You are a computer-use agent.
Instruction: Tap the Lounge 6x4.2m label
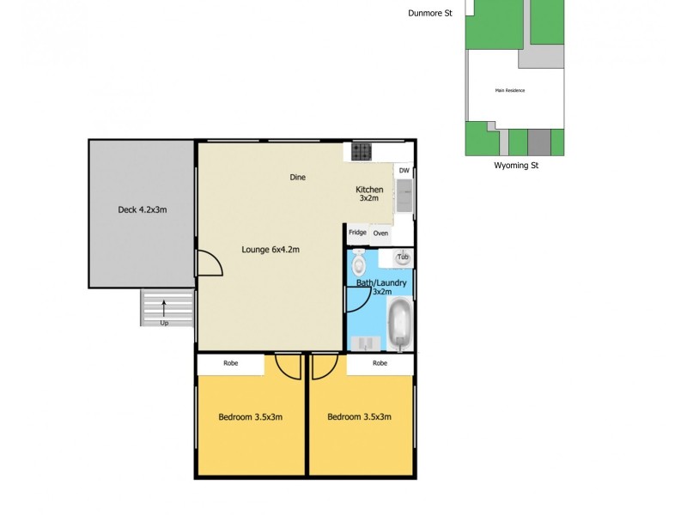270,250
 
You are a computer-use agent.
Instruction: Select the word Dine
297,178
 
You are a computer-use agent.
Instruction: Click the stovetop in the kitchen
362,152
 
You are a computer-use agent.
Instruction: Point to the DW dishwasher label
404,171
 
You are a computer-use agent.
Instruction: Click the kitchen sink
404,197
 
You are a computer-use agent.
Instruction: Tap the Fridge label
357,233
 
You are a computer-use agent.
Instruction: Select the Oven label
380,233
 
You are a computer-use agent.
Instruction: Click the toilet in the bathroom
359,261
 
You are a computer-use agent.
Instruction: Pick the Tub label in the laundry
402,257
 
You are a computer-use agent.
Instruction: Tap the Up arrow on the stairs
164,310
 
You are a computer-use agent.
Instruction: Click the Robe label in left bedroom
230,364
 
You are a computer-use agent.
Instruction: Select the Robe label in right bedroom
380,364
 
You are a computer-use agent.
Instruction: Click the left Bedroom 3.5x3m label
251,417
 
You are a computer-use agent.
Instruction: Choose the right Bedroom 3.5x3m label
359,417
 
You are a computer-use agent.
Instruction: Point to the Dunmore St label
429,12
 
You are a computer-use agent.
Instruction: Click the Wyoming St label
515,166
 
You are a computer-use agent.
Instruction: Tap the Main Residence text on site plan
509,90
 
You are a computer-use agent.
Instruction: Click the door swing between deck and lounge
209,263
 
